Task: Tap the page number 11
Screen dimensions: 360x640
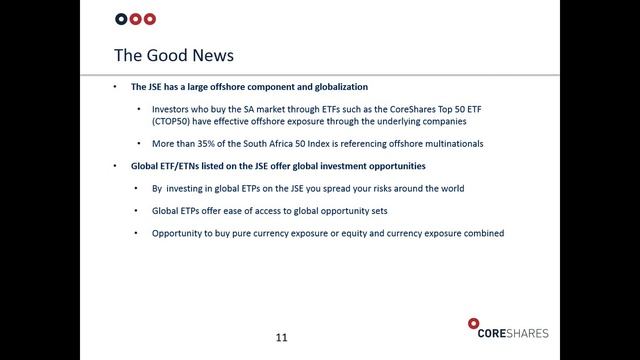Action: click(x=281, y=337)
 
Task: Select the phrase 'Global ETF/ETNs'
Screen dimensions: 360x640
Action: click(x=174, y=164)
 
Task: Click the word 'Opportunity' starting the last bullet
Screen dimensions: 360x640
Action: click(x=181, y=233)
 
